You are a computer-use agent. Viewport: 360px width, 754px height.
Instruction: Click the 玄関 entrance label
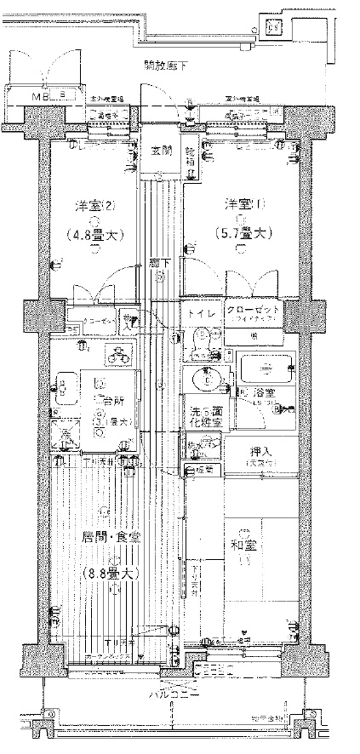[x=160, y=151]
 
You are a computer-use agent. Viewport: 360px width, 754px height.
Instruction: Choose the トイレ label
[x=202, y=312]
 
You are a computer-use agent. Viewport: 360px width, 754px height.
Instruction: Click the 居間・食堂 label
[x=111, y=538]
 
